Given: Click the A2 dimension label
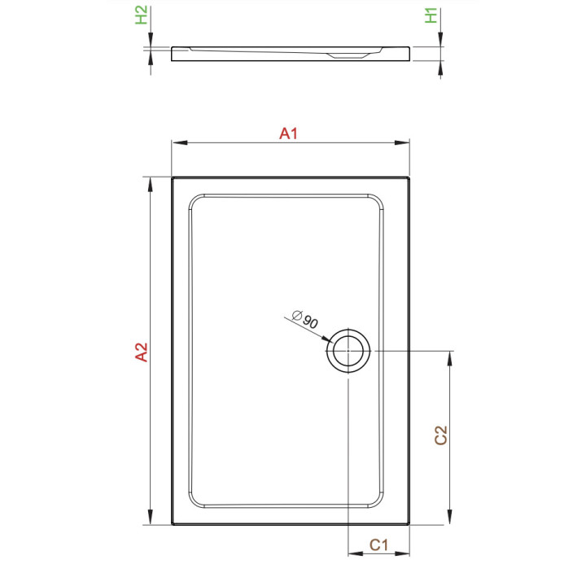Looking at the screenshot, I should click(141, 352).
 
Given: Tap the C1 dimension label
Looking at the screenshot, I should click(378, 545).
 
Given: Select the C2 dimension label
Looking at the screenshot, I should click(440, 435).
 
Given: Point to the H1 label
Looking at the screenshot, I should click(432, 15).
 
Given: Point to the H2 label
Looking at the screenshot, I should click(142, 15).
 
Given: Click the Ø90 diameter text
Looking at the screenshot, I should click(304, 320).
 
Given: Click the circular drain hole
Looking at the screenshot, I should click(349, 352).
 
